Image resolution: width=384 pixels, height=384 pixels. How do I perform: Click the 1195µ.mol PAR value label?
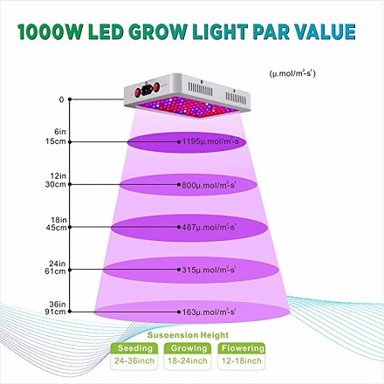pos(210,141)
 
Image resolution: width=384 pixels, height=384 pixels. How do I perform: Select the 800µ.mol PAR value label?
pos(209,185)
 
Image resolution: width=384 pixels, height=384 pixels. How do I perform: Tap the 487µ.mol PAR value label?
pos(209,227)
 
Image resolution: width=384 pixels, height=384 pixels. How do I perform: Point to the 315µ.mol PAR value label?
pos(209,270)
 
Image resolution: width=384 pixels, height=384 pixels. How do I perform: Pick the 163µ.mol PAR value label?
pos(209,312)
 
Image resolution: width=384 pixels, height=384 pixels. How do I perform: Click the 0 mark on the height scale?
pos(61,99)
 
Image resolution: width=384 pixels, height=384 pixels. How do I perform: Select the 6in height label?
pos(60,132)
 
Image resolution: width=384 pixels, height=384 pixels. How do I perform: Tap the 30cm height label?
pos(56,184)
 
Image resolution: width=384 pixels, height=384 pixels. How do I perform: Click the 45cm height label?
pos(56,228)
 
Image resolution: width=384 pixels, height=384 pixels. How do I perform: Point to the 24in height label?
pos(58,264)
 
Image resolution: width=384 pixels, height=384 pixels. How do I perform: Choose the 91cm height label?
pos(56,312)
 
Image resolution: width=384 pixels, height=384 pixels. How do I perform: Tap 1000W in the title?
pos(50,31)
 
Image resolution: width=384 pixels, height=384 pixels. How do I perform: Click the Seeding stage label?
pos(135,348)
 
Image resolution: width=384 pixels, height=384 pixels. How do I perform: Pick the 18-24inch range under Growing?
pos(188,361)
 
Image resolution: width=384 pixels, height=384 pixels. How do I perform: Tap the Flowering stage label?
pos(243,348)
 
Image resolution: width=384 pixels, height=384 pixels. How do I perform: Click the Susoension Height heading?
pos(188,335)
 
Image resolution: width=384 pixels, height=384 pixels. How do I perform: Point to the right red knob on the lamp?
pos(157,86)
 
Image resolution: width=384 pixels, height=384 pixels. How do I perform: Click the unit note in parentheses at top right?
pos(292,73)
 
